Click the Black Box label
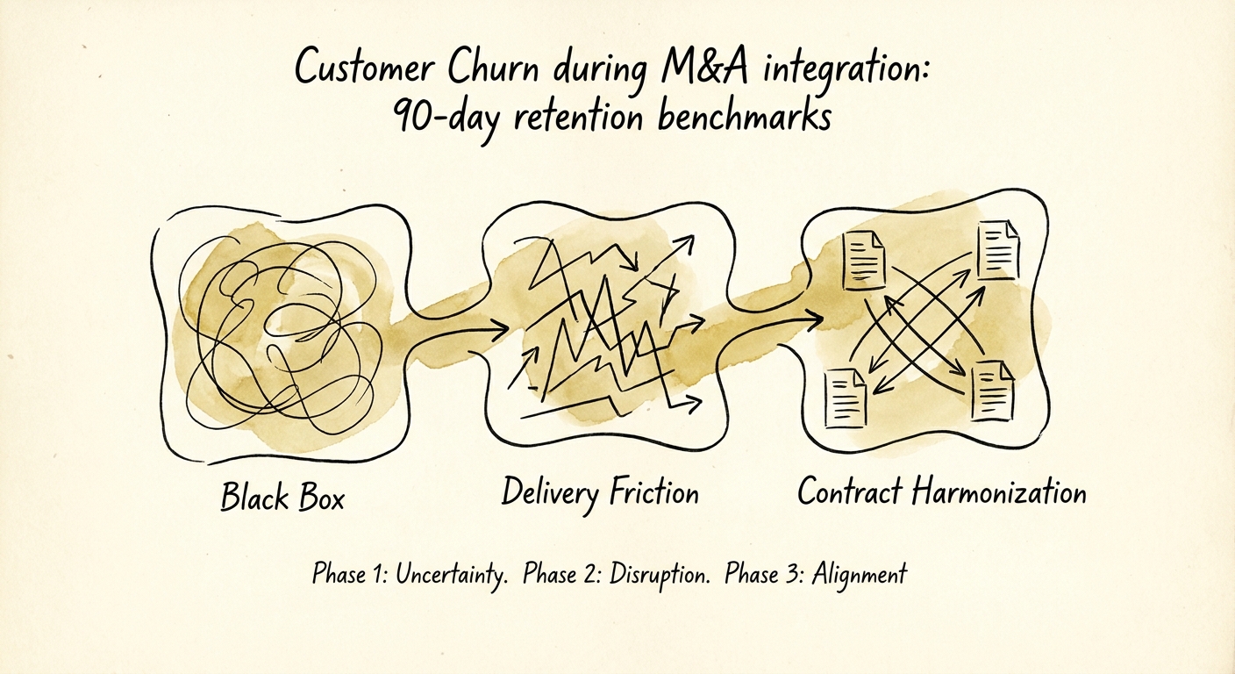[x=282, y=498]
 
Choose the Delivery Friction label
[x=600, y=492]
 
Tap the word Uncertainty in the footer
[x=451, y=575]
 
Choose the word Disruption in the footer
[x=654, y=575]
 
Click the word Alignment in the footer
[x=859, y=575]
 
